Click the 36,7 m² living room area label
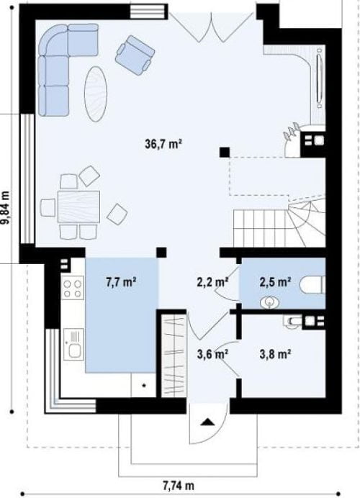coord(163,144)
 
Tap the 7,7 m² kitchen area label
coord(122,281)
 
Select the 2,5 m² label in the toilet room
coord(276,281)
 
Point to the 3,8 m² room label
coord(276,354)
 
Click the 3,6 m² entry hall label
coord(213,354)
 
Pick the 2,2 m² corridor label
coord(213,281)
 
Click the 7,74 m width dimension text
coord(179,486)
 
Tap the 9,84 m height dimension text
coord(6,208)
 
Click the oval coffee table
coord(95,94)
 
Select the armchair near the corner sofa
coord(135,55)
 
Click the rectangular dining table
coord(78,207)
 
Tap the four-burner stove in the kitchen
coord(73,288)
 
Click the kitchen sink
coord(73,344)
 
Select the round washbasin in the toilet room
coord(270,302)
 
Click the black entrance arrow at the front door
coord(207,422)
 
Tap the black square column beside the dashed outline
coord(225,152)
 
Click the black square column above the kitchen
coord(161,253)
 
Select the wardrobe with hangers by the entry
coord(174,356)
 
